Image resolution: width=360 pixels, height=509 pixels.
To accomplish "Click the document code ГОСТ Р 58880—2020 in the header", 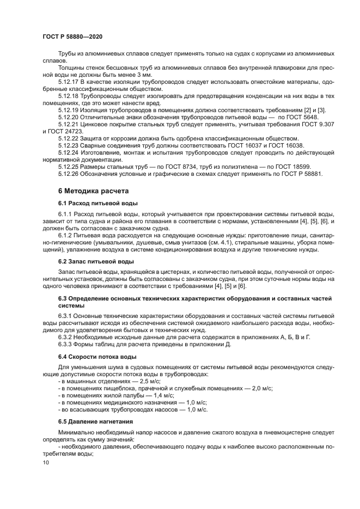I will point(72,35).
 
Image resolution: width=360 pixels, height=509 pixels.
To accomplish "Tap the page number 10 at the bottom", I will point(45,462).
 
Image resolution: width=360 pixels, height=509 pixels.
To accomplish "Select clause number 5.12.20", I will point(69,117).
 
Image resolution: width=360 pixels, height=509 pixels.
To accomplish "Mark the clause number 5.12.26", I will point(69,174).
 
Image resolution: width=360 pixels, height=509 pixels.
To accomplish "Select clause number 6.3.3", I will point(68,344).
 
